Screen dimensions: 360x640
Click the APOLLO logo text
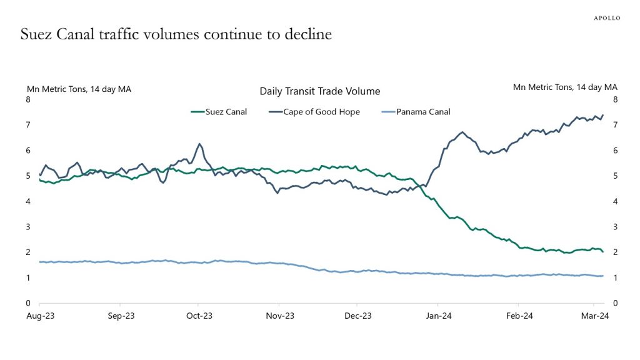pyautogui.click(x=606, y=18)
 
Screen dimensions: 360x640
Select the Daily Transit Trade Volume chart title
pyautogui.click(x=319, y=91)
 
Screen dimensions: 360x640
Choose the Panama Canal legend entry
pyautogui.click(x=422, y=112)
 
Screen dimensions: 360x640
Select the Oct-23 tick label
pyautogui.click(x=199, y=316)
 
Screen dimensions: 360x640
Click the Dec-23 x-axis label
pyautogui.click(x=358, y=316)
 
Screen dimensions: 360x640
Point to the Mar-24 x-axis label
pyautogui.click(x=596, y=316)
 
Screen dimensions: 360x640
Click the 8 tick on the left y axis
pyautogui.click(x=27, y=99)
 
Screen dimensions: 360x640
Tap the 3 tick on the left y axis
pyautogui.click(x=27, y=227)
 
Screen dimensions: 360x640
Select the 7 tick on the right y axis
pyautogui.click(x=616, y=125)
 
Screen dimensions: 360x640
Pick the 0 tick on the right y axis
pyautogui.click(x=616, y=303)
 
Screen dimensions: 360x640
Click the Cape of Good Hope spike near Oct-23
pyautogui.click(x=199, y=144)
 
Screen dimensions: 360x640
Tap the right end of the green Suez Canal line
pyautogui.click(x=602, y=251)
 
